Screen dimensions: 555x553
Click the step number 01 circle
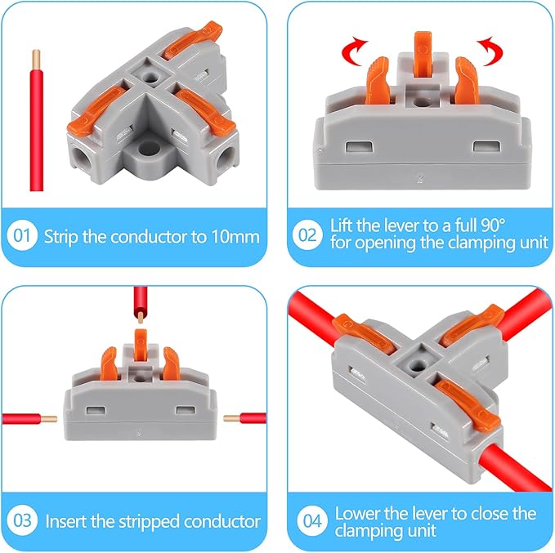(x=22, y=235)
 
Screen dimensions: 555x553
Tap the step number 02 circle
(x=307, y=235)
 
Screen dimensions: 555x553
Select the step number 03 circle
(x=22, y=520)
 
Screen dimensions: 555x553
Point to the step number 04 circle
(x=312, y=520)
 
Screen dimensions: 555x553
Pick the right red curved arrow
(x=491, y=51)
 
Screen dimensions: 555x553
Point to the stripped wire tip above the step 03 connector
(x=141, y=318)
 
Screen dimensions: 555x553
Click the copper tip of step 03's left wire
(x=49, y=419)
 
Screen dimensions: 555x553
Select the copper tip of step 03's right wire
(x=232, y=418)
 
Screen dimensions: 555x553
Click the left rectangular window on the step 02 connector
(x=360, y=146)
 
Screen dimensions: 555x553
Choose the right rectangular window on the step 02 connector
(x=487, y=146)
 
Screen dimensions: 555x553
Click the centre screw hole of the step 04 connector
(x=418, y=364)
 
